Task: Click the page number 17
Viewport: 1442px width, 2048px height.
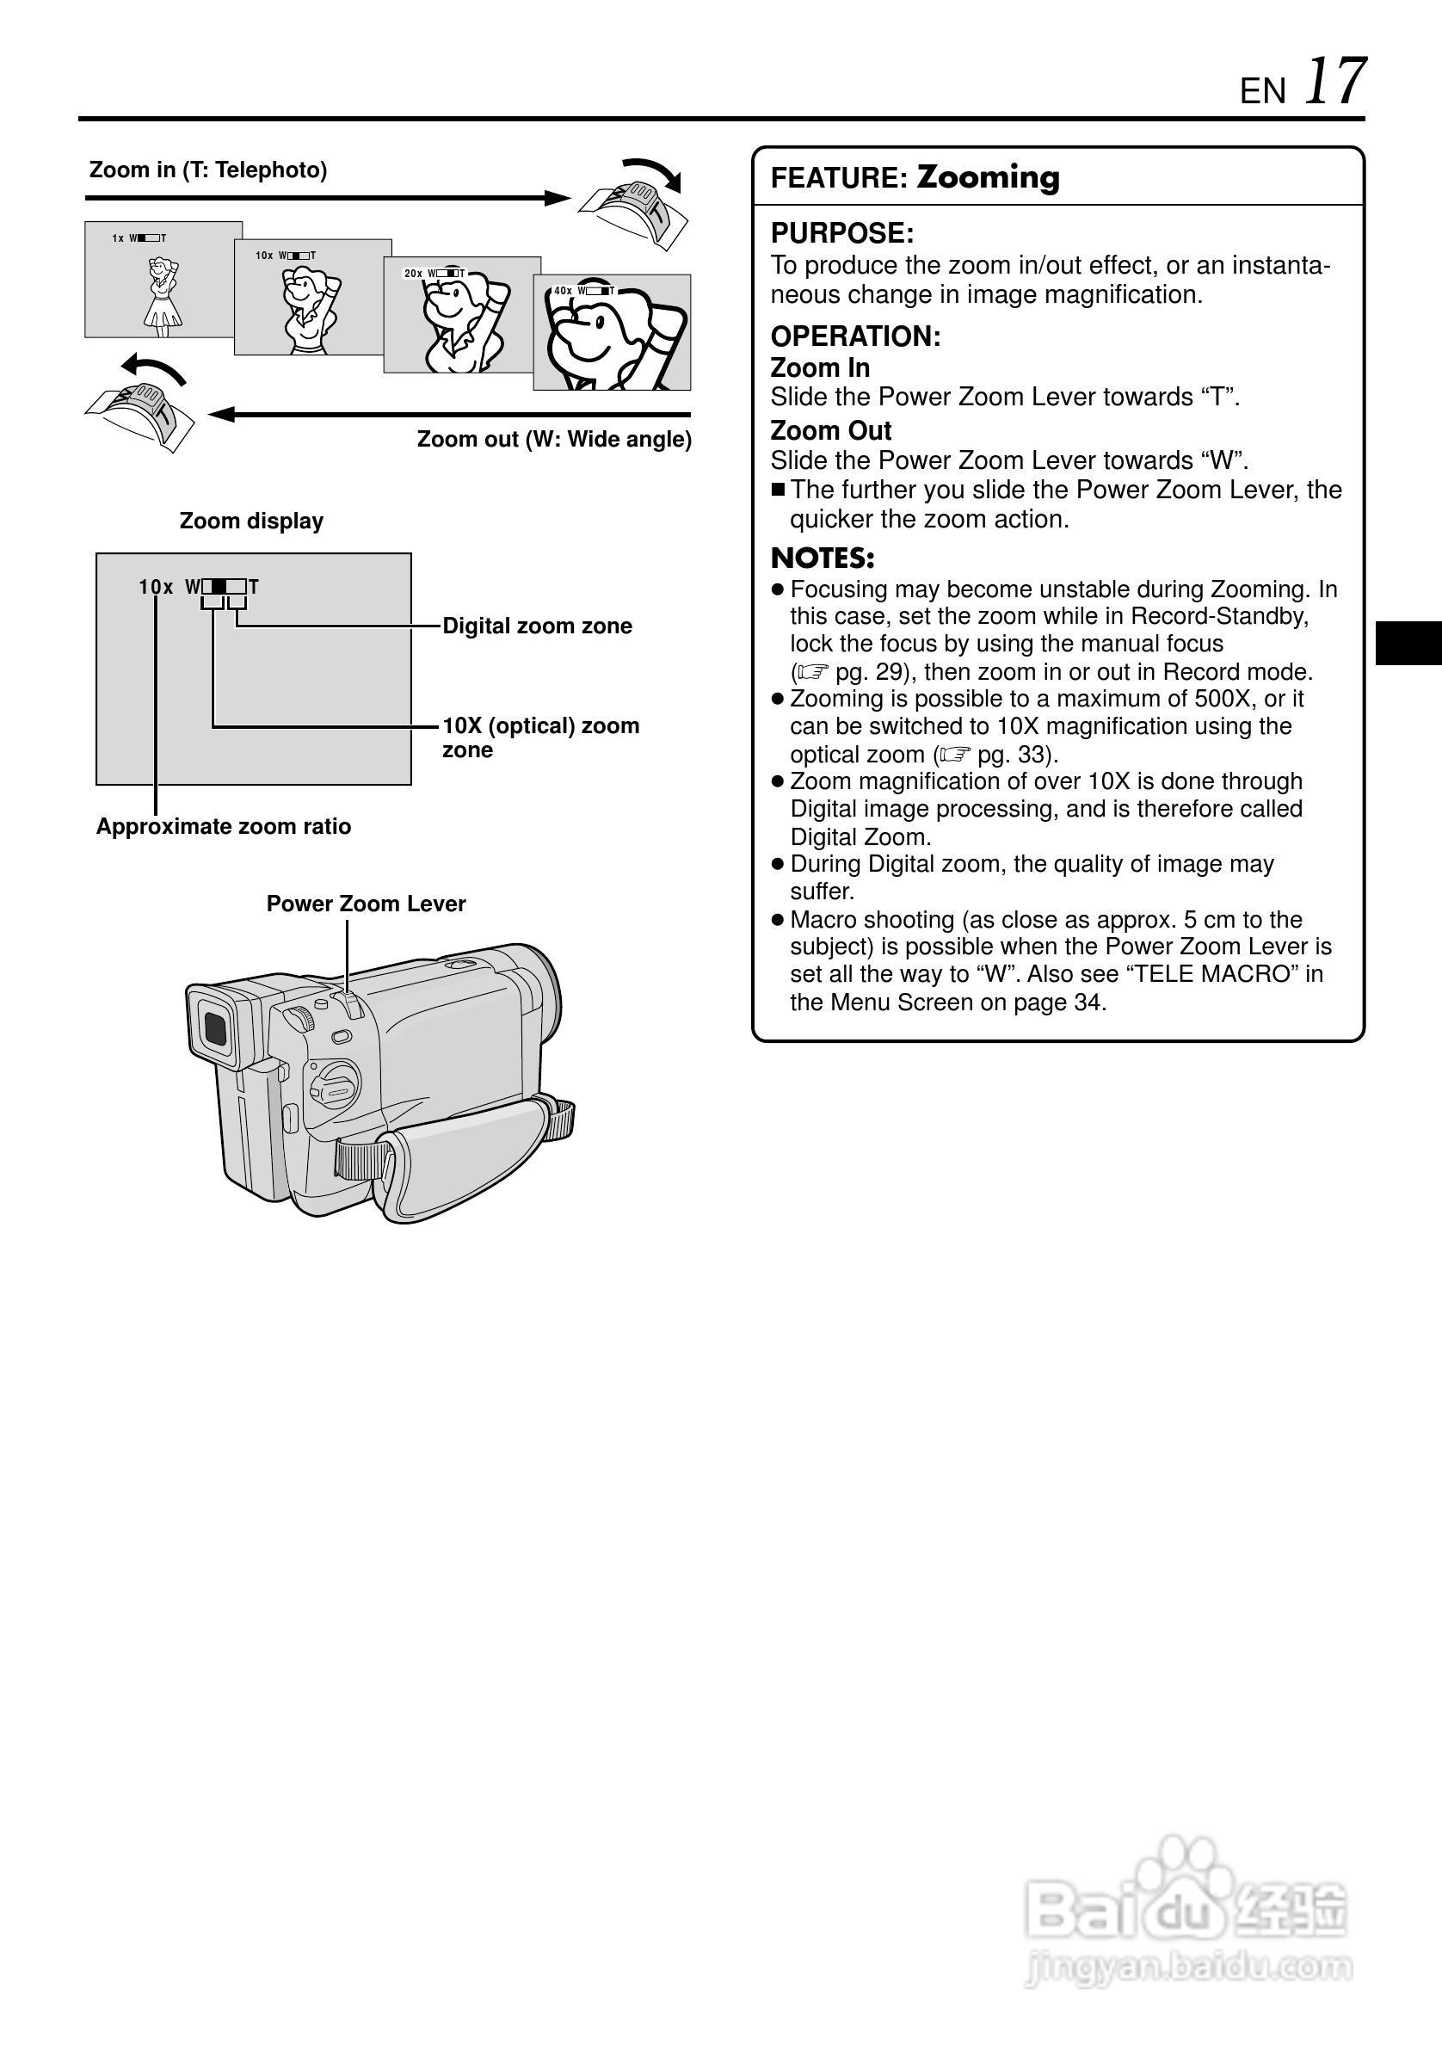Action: (x=1335, y=82)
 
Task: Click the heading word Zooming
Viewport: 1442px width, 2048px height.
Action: (x=988, y=176)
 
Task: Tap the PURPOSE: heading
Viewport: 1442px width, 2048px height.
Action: (x=841, y=234)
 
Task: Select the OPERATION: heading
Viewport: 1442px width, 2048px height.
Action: (x=855, y=336)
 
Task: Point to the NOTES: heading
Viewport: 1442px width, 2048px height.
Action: (x=823, y=558)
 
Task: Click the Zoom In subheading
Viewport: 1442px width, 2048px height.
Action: (x=820, y=367)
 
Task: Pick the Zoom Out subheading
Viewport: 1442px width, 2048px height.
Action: (x=830, y=431)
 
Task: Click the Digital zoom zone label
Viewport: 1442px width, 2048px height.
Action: (x=537, y=626)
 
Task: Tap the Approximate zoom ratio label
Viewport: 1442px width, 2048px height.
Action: (x=223, y=827)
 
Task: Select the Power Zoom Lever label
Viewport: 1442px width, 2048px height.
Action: (x=366, y=904)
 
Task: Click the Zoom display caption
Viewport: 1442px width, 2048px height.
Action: (x=251, y=521)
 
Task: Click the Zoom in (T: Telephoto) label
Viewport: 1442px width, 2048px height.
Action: (x=208, y=170)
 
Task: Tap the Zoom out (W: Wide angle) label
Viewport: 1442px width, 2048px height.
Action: (x=554, y=440)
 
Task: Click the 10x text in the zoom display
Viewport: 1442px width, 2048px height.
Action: (x=155, y=587)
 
